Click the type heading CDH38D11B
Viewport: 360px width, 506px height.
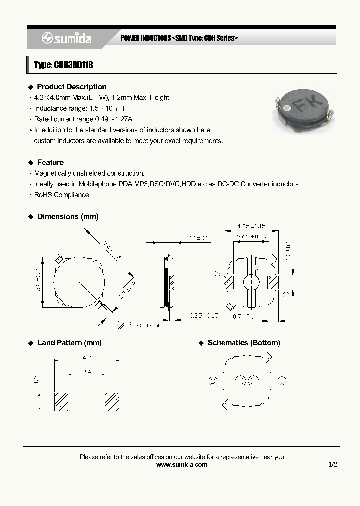click(64, 65)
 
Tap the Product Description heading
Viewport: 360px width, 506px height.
click(72, 87)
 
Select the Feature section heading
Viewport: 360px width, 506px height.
click(50, 162)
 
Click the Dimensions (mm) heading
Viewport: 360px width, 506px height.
click(68, 217)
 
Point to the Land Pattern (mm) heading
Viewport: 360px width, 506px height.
click(69, 343)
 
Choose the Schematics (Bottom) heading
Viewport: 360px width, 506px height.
click(244, 343)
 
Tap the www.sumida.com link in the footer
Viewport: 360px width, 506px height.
click(182, 464)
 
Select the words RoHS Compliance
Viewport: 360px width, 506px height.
click(61, 195)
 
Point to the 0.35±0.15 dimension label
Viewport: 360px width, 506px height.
click(204, 315)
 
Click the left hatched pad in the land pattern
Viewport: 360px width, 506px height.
click(61, 401)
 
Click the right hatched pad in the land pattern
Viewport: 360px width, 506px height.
click(112, 401)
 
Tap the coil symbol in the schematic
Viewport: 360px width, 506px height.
click(246, 381)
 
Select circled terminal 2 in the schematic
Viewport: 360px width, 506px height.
click(213, 381)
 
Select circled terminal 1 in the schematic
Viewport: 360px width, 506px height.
click(282, 381)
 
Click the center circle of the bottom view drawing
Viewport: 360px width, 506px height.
click(250, 282)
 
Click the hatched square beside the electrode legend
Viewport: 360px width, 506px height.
click(121, 324)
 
